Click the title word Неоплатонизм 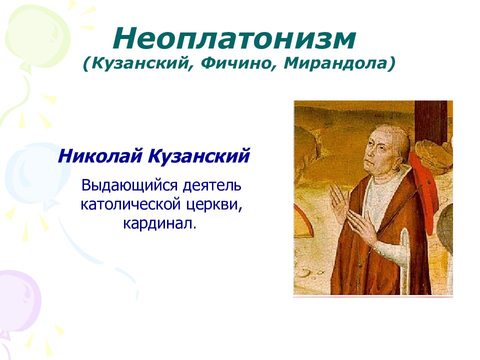tap(234, 39)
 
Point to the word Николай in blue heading tap(100, 155)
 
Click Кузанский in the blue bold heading tap(199, 156)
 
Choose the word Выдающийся tap(129, 186)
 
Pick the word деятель tap(212, 186)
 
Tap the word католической tap(131, 204)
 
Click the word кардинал tap(159, 223)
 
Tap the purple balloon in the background tap(18, 303)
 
